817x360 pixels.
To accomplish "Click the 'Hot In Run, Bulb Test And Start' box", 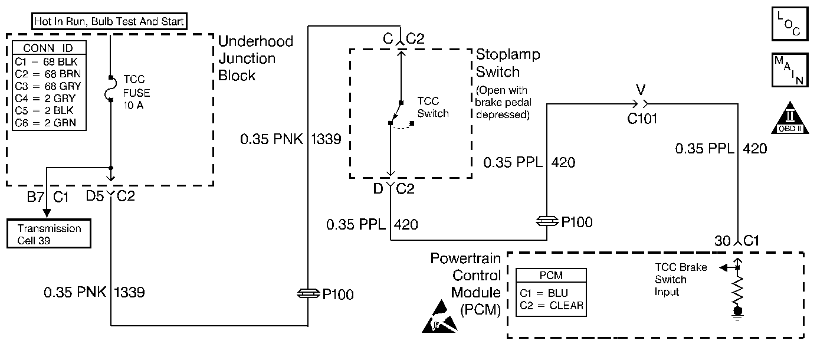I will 109,22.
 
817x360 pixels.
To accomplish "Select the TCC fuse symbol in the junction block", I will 110,89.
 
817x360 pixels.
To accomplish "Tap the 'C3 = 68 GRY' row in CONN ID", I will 48,86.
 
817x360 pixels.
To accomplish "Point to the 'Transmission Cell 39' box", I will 49,233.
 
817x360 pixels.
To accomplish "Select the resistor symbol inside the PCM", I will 737,289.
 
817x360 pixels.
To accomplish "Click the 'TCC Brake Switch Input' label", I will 680,280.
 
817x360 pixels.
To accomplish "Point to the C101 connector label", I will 642,119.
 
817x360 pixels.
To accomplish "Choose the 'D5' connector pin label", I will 95,196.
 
